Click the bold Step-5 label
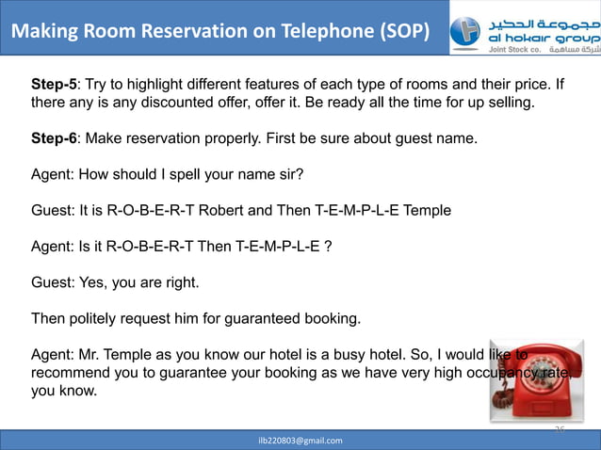pyautogui.click(x=54, y=85)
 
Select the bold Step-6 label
pyautogui.click(x=54, y=140)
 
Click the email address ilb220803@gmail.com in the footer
pyautogui.click(x=300, y=440)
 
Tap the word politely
pyautogui.click(x=95, y=318)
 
